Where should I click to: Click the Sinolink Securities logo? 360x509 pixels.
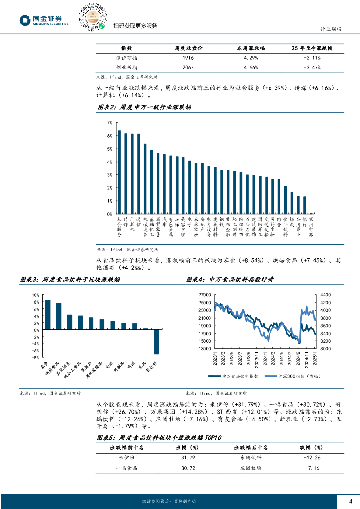point(44,20)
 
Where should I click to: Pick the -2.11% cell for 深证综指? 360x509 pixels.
point(312,58)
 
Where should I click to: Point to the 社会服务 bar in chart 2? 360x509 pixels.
point(119,172)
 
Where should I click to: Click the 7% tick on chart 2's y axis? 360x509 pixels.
point(109,122)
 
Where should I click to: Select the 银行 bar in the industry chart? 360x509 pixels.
point(305,205)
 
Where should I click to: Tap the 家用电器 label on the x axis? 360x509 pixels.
point(311,226)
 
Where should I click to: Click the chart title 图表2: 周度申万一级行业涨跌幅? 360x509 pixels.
point(144,107)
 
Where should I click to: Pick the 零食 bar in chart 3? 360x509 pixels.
point(48,314)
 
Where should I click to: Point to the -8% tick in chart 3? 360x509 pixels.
point(35,358)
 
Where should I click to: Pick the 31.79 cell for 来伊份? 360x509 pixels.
point(185,457)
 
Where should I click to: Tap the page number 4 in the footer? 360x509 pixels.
point(350,501)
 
